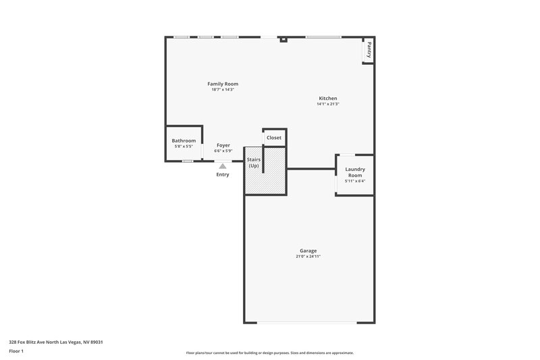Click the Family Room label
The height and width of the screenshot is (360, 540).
pos(222,84)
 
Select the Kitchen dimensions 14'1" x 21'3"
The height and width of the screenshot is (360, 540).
pos(328,104)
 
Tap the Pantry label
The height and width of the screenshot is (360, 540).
pos(369,50)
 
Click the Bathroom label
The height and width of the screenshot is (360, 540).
pos(184,140)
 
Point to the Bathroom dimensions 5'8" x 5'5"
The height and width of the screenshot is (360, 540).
pos(184,146)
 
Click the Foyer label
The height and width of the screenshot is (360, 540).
pos(223,145)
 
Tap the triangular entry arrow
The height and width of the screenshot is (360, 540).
pos(222,165)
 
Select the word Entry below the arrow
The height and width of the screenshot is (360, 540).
pos(222,175)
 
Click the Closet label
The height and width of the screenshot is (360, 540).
pos(274,138)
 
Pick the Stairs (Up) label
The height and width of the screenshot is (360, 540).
pos(253,163)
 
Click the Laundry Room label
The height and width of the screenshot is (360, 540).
pos(354,172)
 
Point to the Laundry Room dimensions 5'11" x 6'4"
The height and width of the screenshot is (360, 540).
pos(354,181)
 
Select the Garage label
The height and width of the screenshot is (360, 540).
pos(308,251)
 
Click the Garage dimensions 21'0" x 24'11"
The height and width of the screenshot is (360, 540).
pos(308,257)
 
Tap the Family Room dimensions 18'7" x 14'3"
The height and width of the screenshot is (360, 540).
pos(222,90)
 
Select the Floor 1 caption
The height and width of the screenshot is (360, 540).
pos(16,351)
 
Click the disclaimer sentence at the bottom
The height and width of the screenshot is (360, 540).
pos(269,353)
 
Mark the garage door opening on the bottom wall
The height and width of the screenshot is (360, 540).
pos(308,323)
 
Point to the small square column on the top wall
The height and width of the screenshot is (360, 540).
pos(283,39)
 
